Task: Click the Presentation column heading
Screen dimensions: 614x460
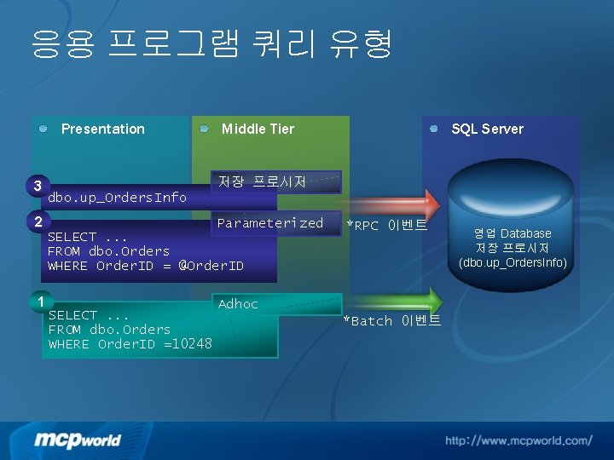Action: [102, 129]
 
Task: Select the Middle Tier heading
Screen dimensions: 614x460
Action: [258, 129]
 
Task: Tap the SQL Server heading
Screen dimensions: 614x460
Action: [487, 129]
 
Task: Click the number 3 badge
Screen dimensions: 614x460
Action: [37, 186]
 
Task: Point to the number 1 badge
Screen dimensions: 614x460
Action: [39, 301]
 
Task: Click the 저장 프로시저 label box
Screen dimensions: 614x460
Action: [262, 181]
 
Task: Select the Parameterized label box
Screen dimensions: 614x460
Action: [270, 223]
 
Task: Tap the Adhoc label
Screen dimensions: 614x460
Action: [238, 304]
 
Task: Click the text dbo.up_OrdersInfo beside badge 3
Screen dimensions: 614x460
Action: [118, 198]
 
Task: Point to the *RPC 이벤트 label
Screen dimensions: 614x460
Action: [386, 226]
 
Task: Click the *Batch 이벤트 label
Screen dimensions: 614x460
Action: [392, 321]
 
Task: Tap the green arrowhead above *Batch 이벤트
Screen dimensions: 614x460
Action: [434, 299]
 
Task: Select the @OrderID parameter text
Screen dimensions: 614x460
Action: [211, 266]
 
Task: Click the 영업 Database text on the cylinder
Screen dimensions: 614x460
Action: [513, 233]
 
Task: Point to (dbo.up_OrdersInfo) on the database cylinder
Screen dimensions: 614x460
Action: [513, 262]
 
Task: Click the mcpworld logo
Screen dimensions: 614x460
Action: [78, 440]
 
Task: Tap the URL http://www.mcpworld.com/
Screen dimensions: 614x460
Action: [518, 440]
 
